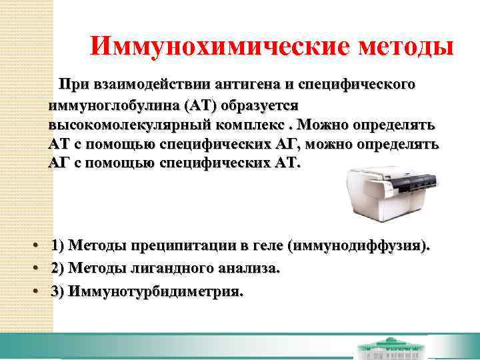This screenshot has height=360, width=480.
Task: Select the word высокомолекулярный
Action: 125,125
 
